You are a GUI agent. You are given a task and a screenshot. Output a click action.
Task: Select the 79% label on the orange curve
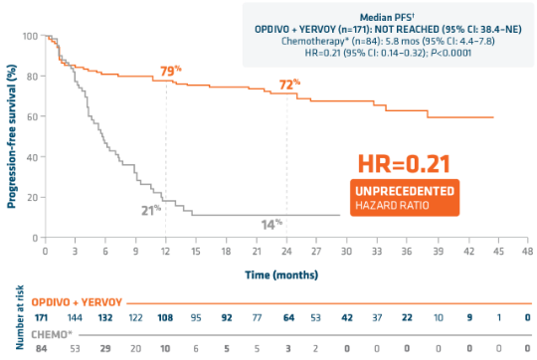pyautogui.click(x=171, y=72)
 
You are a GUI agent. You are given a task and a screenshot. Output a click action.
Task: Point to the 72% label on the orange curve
pyautogui.click(x=288, y=85)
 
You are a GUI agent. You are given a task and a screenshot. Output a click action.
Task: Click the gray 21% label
pyautogui.click(x=150, y=209)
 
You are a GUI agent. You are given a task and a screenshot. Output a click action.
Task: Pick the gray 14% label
pyautogui.click(x=270, y=225)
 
